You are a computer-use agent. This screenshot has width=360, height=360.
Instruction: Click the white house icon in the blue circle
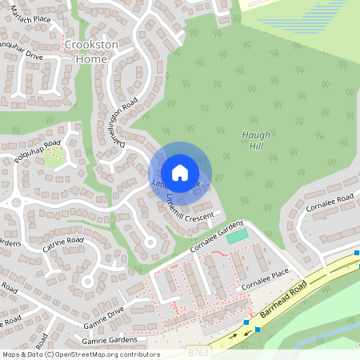click(x=179, y=172)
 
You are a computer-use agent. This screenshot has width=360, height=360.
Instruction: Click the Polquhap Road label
click(x=38, y=150)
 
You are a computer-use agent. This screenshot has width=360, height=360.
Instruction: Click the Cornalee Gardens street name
click(x=216, y=237)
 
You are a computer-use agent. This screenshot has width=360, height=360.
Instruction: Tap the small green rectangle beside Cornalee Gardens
click(x=237, y=237)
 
